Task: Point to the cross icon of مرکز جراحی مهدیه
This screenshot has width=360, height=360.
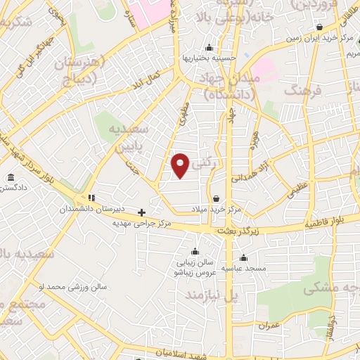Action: coord(142,212)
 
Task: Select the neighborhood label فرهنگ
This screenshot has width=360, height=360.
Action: coord(304,91)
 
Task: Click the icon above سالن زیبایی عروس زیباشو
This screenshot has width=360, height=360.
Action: coord(195,252)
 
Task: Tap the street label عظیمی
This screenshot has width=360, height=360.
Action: coord(295,188)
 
